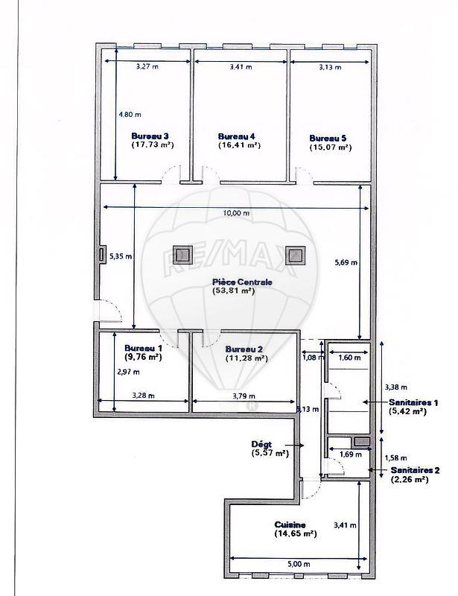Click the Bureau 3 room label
(x=150, y=136)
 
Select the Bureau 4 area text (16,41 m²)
(x=239, y=146)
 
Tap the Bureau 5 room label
(x=328, y=138)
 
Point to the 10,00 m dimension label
(x=236, y=213)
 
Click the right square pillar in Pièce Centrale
(x=295, y=256)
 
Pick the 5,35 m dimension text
(x=120, y=256)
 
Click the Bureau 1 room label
(x=143, y=348)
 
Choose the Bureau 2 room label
(x=244, y=349)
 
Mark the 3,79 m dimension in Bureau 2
(x=244, y=396)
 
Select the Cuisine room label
(x=290, y=524)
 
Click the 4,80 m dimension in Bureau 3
(x=130, y=115)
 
